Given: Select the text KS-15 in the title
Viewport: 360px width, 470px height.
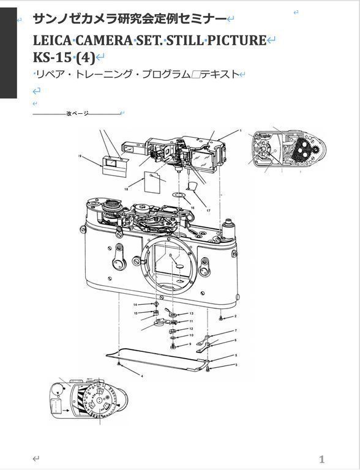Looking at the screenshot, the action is click(x=52, y=58).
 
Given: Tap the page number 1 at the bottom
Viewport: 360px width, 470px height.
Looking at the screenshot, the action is click(x=321, y=459).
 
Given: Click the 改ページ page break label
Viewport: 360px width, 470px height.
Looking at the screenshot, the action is click(x=77, y=114).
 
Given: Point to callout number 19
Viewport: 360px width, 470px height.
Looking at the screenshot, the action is click(x=80, y=156).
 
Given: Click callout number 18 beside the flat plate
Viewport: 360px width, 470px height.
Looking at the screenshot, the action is click(x=126, y=189).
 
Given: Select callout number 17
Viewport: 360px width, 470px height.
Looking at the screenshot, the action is click(x=208, y=211).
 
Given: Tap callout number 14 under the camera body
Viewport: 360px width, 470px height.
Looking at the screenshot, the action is click(x=135, y=305).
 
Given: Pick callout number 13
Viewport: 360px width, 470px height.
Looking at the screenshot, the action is click(x=191, y=313).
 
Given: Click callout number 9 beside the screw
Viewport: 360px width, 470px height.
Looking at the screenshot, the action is click(x=190, y=344).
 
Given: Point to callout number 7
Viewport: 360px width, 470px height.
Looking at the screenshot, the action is click(x=236, y=330).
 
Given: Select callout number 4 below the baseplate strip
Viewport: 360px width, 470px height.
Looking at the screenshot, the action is click(x=142, y=376).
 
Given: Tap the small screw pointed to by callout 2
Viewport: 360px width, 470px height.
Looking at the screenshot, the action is click(x=221, y=318).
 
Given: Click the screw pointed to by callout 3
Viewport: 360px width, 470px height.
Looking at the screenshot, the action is click(x=208, y=369).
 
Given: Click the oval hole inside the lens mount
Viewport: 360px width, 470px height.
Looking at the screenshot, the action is click(x=179, y=266).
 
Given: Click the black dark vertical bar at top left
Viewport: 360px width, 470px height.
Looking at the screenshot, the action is click(x=9, y=53).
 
